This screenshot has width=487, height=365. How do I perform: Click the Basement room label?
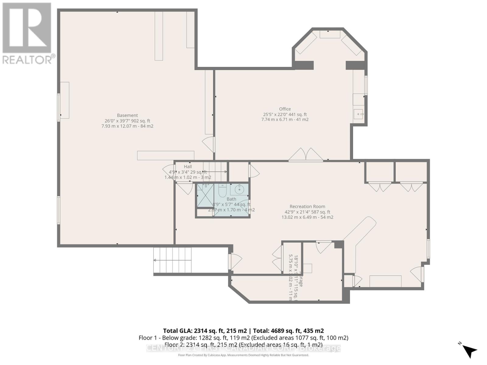127,115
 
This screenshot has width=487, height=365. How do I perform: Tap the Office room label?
285,109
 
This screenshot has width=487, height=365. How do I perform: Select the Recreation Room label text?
307,207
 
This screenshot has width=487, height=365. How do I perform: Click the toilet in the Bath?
222,191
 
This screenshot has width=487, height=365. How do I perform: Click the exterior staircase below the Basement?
173,260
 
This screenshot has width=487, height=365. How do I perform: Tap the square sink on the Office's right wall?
359,115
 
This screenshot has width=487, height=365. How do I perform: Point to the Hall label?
188,167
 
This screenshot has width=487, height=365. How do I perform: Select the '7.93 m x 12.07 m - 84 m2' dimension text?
127,126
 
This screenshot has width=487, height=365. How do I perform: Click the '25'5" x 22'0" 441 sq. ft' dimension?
285,114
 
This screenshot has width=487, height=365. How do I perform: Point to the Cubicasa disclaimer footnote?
243,355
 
